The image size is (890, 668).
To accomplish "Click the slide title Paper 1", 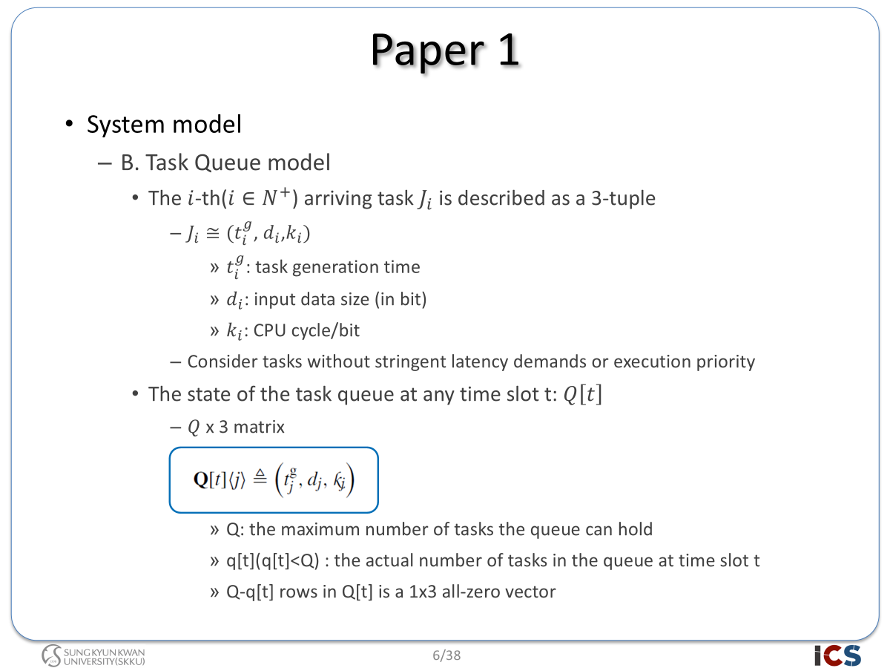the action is pos(445,50).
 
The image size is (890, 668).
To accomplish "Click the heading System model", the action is pos(164,124).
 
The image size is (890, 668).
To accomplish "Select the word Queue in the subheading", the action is pos(228,163).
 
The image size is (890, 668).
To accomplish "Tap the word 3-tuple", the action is pos(623,199).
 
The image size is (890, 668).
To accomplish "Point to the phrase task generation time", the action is pos(337,267).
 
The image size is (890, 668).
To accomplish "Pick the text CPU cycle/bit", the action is pos(306,330).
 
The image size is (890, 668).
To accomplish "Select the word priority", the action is pos(725,361).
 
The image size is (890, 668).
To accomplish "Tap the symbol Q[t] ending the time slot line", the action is pos(583,394).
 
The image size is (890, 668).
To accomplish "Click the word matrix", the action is pos(259,427).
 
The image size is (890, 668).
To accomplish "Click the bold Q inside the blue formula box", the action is pos(201,479).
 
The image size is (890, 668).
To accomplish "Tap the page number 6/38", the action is pos(446,655).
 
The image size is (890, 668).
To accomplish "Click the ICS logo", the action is pos(837,655).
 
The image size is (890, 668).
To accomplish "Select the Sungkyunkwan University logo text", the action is pos(105,657).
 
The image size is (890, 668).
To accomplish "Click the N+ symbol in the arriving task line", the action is pos(276,197).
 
